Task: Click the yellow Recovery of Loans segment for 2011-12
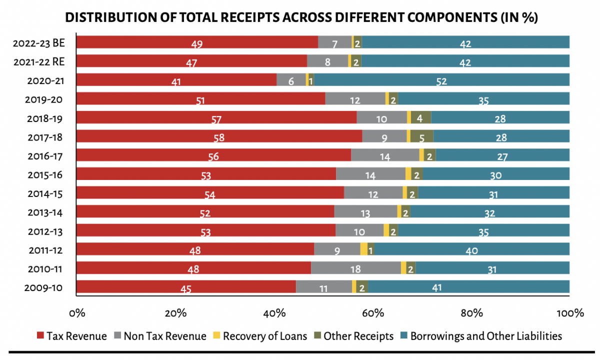(x=363, y=249)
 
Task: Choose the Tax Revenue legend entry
(x=72, y=336)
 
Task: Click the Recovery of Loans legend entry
(x=260, y=336)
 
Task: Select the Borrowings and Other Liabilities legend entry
(x=480, y=336)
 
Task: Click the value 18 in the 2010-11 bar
(x=355, y=269)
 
